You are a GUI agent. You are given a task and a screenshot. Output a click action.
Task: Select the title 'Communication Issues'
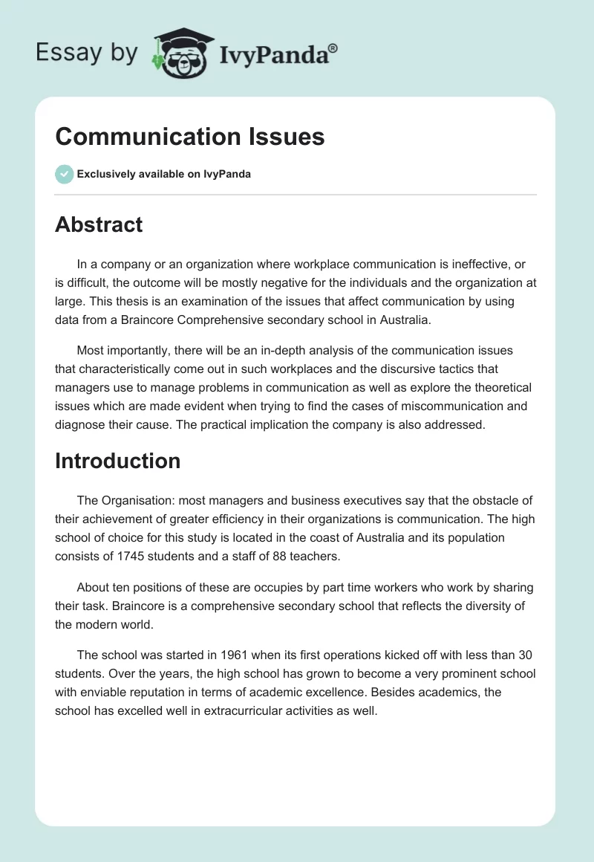click(x=190, y=137)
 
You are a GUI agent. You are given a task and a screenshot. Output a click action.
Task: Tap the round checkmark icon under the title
click(x=64, y=174)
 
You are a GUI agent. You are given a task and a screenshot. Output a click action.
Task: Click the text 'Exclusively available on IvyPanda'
click(x=163, y=175)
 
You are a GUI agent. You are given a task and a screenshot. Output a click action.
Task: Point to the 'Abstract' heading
click(x=99, y=224)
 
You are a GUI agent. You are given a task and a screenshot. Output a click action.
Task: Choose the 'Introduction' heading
click(x=117, y=461)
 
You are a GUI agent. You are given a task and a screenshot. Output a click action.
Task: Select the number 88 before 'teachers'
click(x=282, y=555)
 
